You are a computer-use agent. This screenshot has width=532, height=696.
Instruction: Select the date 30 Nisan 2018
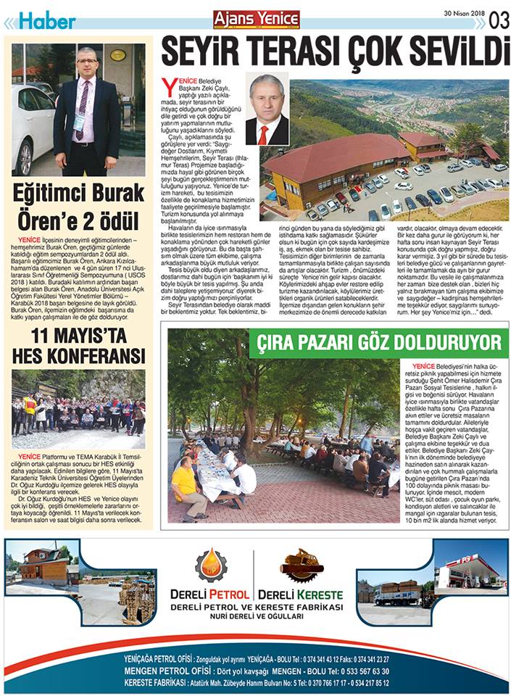[x=464, y=13]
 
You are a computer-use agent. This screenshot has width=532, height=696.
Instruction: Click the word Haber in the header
[x=46, y=22]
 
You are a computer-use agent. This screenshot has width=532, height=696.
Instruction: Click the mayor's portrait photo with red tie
[x=267, y=109]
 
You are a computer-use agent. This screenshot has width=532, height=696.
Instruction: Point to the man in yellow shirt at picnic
[x=185, y=486]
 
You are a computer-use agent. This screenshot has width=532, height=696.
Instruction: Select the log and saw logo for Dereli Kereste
[x=302, y=565]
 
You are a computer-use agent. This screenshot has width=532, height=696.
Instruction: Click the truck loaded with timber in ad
[x=397, y=592]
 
